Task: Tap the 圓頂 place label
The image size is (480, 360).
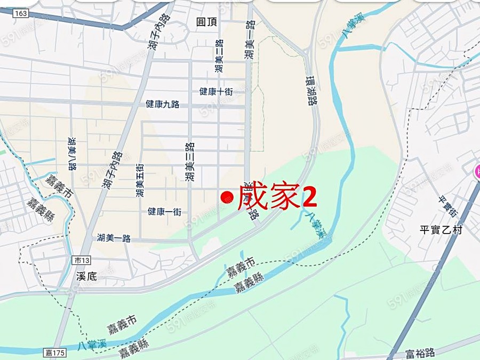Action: tap(206, 21)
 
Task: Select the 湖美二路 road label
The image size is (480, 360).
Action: tap(219, 57)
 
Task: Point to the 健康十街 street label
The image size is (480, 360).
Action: tap(216, 91)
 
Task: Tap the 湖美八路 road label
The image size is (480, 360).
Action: tap(71, 153)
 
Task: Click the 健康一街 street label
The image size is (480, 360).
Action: tap(164, 212)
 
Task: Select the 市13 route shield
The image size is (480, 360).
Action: tap(81, 260)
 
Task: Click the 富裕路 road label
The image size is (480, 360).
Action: tap(420, 353)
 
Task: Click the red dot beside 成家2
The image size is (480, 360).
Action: tap(227, 197)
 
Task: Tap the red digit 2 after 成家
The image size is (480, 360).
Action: tap(310, 196)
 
